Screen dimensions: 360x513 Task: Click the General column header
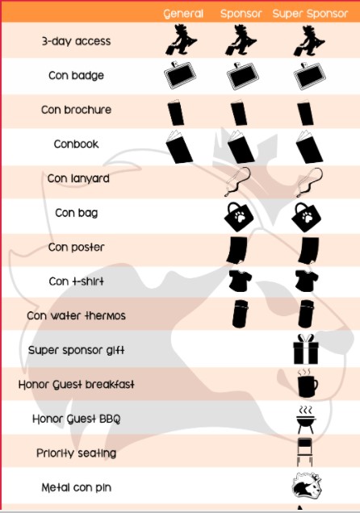tap(183, 14)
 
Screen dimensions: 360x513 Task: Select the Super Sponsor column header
tap(310, 14)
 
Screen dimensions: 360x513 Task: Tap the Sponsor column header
tap(241, 14)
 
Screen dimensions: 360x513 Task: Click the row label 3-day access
tap(76, 41)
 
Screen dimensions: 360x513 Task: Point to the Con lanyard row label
tap(78, 178)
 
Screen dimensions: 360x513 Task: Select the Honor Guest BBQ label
tap(76, 419)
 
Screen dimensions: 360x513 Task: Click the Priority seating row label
tap(76, 453)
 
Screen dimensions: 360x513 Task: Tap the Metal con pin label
tap(76, 487)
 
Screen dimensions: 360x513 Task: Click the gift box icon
tap(306, 349)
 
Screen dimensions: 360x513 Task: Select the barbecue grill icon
tap(306, 420)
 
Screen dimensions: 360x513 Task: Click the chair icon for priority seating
tap(305, 453)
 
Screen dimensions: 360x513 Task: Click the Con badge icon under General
tap(180, 75)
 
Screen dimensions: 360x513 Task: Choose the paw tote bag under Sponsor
tap(239, 217)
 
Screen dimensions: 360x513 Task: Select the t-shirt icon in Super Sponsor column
tap(307, 281)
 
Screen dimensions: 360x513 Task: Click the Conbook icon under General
tap(179, 147)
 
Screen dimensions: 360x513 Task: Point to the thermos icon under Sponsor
tap(240, 314)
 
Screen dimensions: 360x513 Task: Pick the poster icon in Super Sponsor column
tap(308, 251)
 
